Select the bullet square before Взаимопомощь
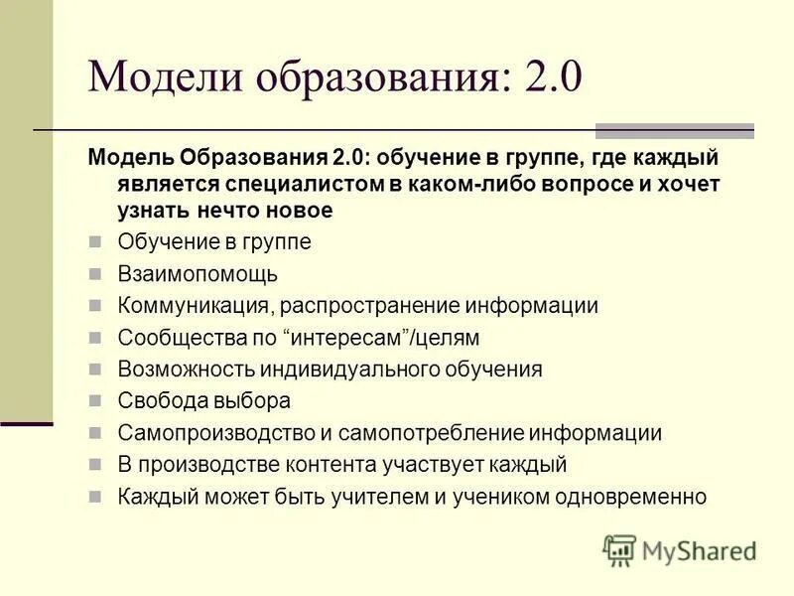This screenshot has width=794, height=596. coord(95,273)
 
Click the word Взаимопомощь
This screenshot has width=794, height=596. coord(198,273)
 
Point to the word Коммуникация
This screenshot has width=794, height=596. coord(197,306)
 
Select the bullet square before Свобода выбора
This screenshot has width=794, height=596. coord(95,401)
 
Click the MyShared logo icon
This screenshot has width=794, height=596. coord(619,549)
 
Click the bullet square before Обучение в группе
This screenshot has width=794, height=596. coord(95,241)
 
